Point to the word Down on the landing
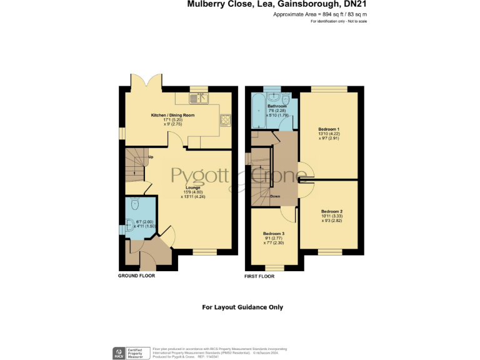(275, 196)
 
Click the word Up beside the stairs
(151, 157)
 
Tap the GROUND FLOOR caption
(136, 276)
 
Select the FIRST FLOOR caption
(259, 276)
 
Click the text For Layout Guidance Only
(242, 307)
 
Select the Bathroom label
(277, 107)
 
